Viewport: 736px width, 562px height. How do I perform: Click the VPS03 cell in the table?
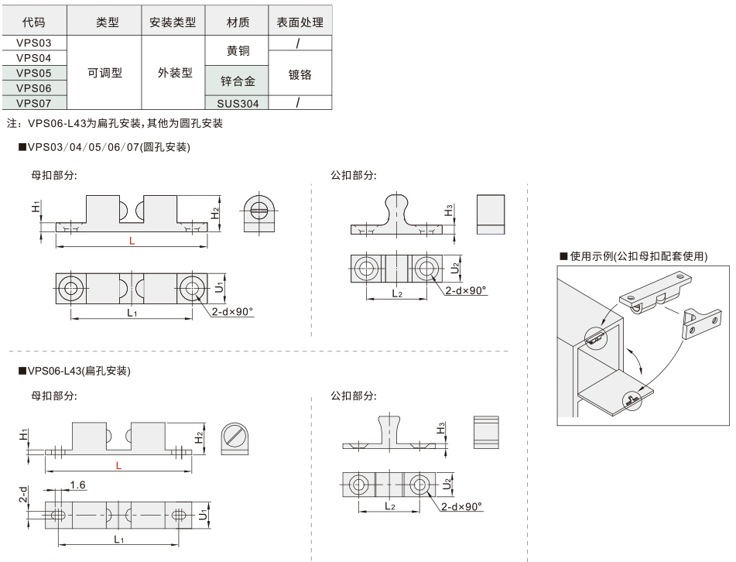(x=33, y=43)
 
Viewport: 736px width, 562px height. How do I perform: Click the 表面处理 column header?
(x=300, y=22)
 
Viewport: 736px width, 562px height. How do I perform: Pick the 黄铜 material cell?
(x=238, y=50)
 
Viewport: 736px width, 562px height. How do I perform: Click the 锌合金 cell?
(x=238, y=80)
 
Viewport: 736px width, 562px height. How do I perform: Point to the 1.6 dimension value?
(x=77, y=485)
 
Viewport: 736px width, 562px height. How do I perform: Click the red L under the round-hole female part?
(x=132, y=242)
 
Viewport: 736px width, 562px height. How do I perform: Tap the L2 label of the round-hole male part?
(x=396, y=293)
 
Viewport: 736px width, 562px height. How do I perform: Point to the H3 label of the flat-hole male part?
(x=440, y=428)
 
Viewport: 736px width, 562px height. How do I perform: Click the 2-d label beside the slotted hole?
(x=24, y=493)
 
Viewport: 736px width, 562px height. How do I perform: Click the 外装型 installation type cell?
(x=176, y=73)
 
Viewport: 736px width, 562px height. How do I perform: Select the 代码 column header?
(x=33, y=22)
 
